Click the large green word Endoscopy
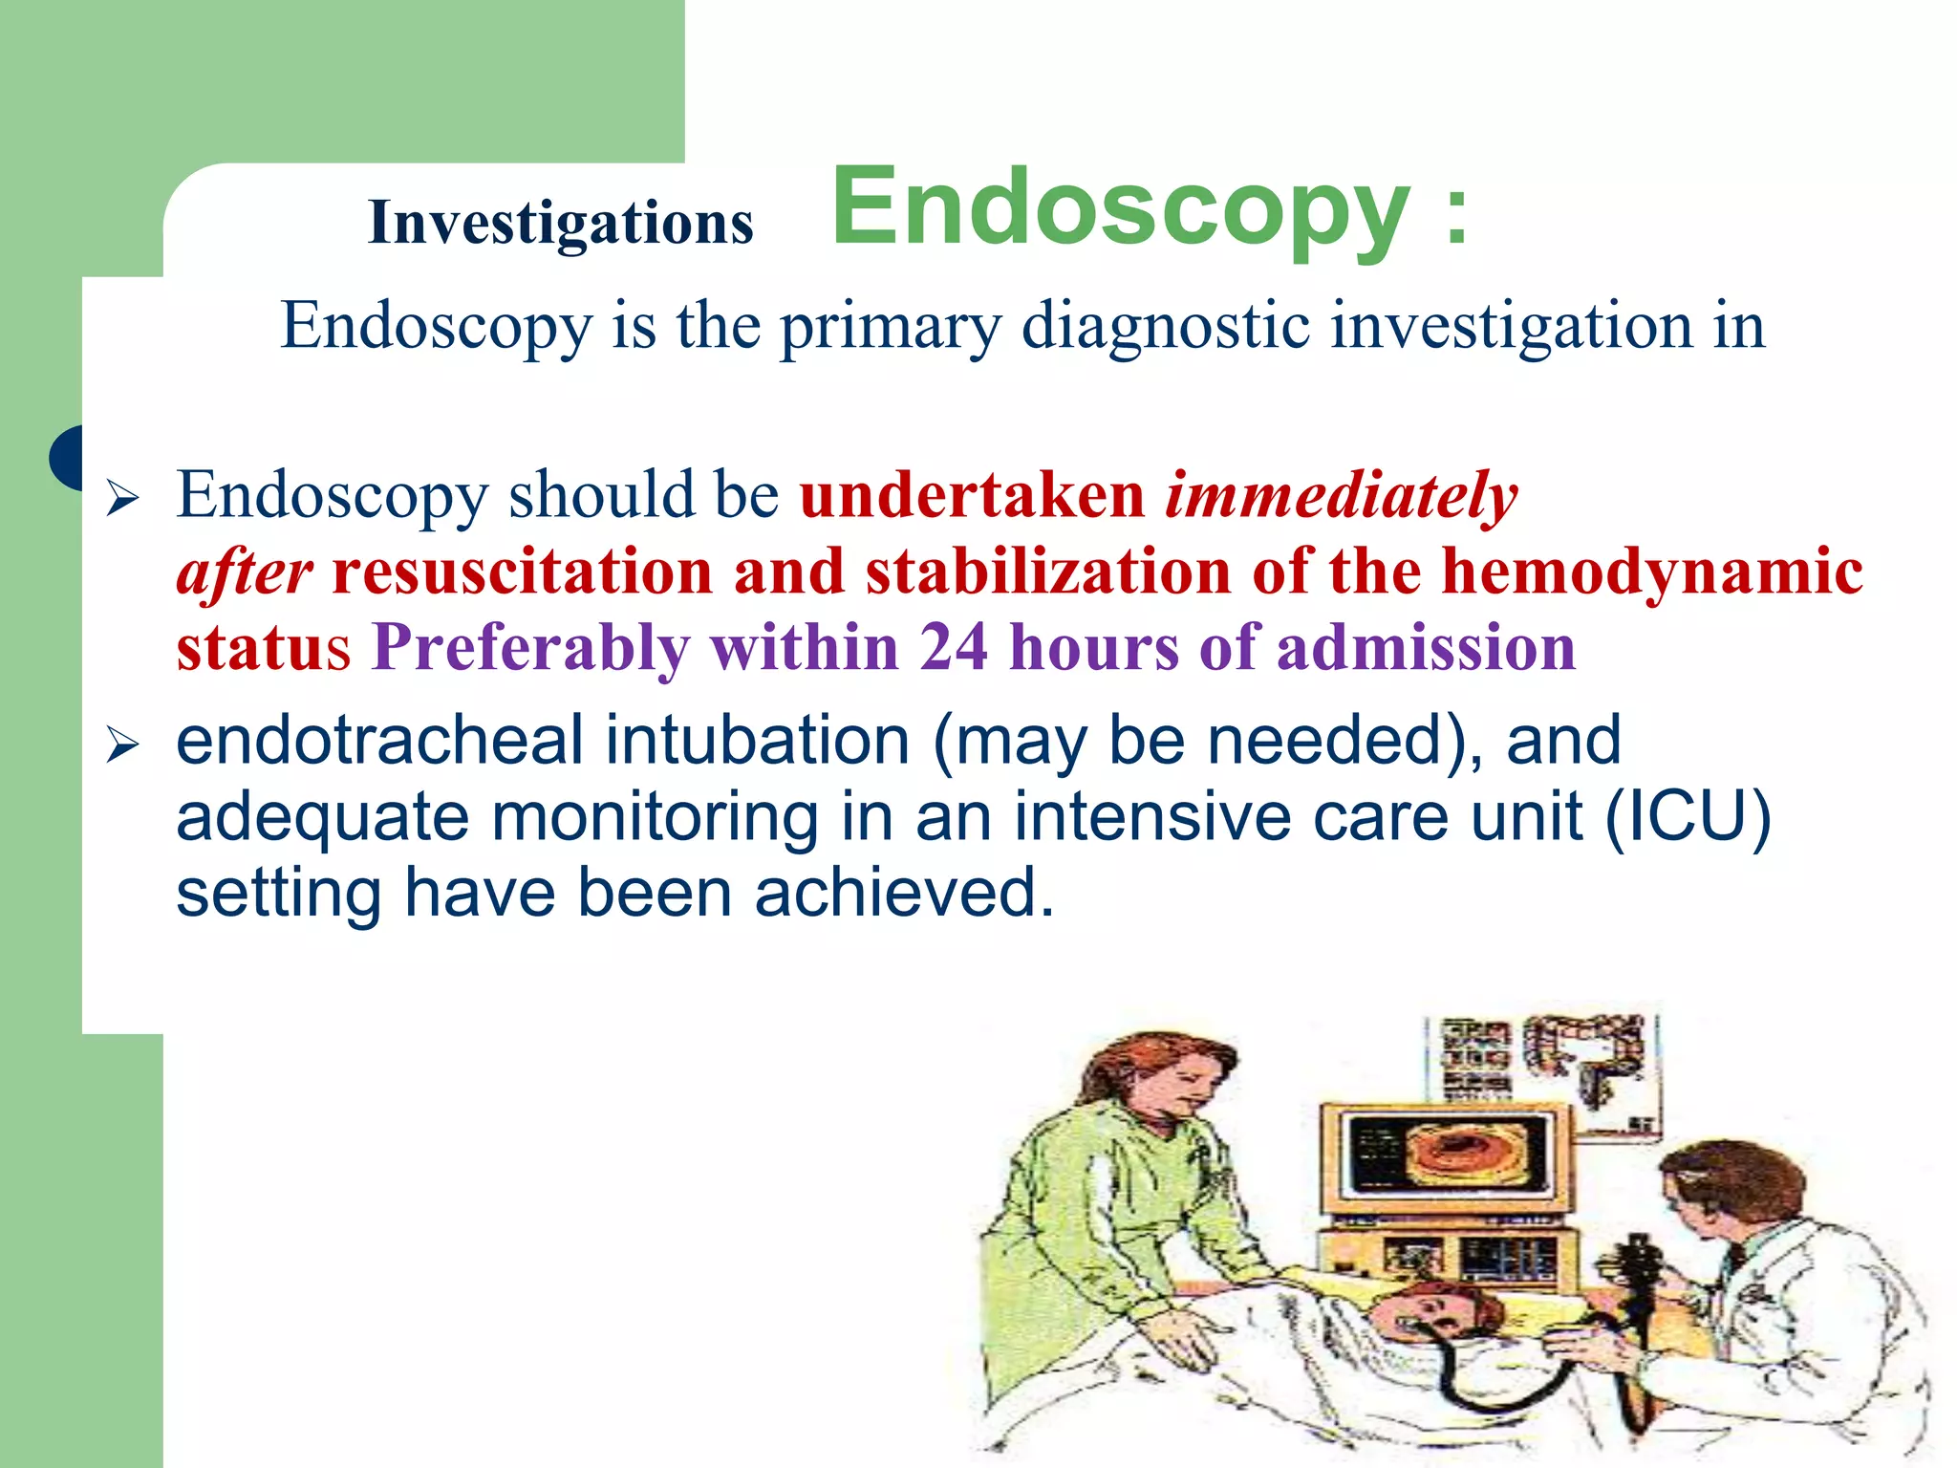point(1120,208)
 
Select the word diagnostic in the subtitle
point(1165,327)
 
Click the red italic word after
point(245,573)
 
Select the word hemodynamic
point(1651,572)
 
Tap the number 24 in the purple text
point(953,648)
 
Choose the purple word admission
point(1426,648)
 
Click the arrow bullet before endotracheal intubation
point(122,744)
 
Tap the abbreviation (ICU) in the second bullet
point(1688,817)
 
